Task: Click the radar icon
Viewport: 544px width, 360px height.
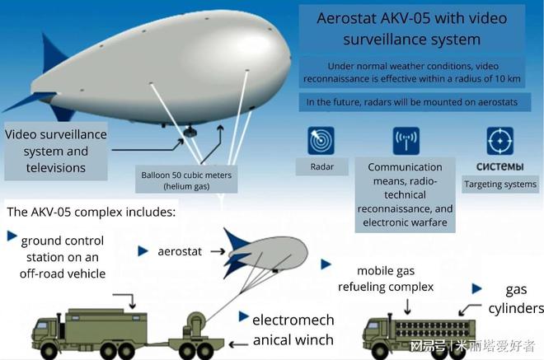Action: point(321,141)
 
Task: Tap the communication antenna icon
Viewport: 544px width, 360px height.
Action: point(406,141)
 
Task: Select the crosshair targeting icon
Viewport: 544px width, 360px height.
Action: point(500,141)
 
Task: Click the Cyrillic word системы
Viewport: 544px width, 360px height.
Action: point(499,167)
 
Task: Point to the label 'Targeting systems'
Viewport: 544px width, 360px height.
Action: point(500,185)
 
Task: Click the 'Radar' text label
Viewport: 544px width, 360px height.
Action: point(322,167)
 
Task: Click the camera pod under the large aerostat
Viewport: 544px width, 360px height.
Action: point(190,132)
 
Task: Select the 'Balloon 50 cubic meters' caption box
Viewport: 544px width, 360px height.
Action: point(186,180)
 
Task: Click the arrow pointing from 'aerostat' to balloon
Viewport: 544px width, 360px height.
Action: point(218,251)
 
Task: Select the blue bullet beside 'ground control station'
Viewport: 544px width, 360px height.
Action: point(12,236)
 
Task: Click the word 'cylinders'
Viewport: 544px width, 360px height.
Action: point(516,308)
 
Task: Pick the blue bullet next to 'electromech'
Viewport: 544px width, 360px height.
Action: point(243,316)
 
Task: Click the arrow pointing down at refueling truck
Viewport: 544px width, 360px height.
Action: point(408,306)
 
